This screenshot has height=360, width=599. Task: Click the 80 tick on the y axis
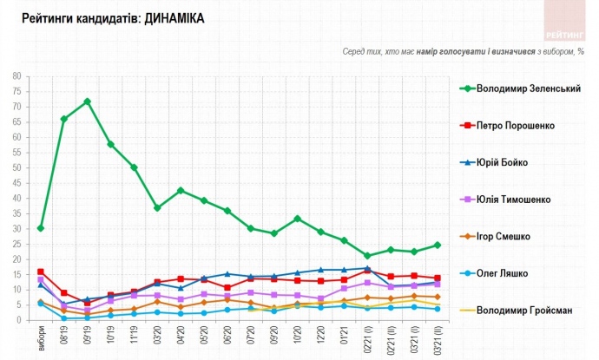[x=16, y=76]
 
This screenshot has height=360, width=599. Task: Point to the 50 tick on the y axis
[x=16, y=167]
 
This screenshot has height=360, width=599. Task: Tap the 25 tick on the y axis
[x=16, y=244]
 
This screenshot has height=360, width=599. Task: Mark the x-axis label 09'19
[x=88, y=335]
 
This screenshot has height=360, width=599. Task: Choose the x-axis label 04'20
[x=181, y=335]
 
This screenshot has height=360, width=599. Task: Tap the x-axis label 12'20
[x=320, y=335]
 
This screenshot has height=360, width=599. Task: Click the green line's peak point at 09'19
[x=88, y=101]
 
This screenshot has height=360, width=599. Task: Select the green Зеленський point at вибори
[x=41, y=228]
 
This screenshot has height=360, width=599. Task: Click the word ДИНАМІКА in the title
[x=170, y=17]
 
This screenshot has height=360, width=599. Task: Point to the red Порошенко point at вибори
[x=41, y=272]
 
